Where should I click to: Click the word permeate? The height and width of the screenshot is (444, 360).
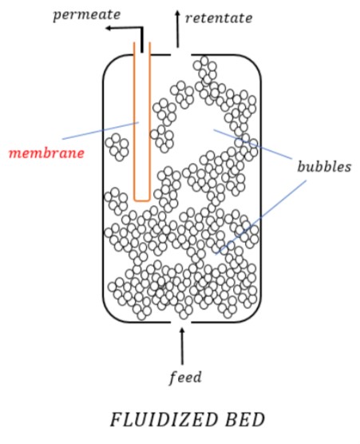coord(87,14)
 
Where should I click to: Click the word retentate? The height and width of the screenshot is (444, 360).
coord(219,18)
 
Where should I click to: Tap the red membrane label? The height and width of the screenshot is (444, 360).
coord(47,153)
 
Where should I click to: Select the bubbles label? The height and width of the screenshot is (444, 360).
coord(324,166)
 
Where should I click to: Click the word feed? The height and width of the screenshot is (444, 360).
coord(185,377)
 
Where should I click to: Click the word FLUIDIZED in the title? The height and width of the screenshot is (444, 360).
coord(164,420)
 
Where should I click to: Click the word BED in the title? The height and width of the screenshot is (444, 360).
coord(245,420)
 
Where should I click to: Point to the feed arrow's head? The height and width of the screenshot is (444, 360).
coord(182,331)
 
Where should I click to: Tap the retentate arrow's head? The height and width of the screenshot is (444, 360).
coord(177,14)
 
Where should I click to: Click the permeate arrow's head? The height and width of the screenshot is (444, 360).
coord(109,28)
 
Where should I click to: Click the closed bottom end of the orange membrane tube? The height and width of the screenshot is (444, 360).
coord(142,200)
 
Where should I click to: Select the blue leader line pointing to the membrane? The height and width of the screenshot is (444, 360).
coord(101,130)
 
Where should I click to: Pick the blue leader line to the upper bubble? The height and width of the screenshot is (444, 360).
coord(253,144)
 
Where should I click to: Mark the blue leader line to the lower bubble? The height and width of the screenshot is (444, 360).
coord(261,217)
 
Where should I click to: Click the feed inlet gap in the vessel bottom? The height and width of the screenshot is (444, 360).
coord(181,323)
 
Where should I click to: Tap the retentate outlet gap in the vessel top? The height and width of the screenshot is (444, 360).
coord(180,54)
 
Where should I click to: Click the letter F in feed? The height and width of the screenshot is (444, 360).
coord(172,378)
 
